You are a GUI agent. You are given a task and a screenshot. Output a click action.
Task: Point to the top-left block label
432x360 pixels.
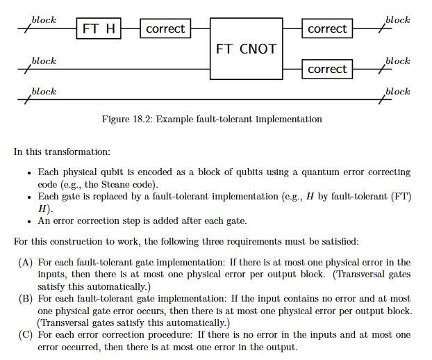(44, 20)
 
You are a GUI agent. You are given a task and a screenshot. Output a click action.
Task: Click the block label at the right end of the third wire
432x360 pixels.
(397, 92)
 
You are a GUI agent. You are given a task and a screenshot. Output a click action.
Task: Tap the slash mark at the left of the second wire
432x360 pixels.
(26, 69)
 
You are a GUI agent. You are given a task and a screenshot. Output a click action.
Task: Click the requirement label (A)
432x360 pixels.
(25, 262)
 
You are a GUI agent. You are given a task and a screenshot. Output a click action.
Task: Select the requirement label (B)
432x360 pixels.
(25, 299)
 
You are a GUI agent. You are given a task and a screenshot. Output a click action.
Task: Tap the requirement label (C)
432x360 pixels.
(25, 335)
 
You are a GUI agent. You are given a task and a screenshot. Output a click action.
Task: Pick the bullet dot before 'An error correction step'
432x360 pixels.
(29, 222)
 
